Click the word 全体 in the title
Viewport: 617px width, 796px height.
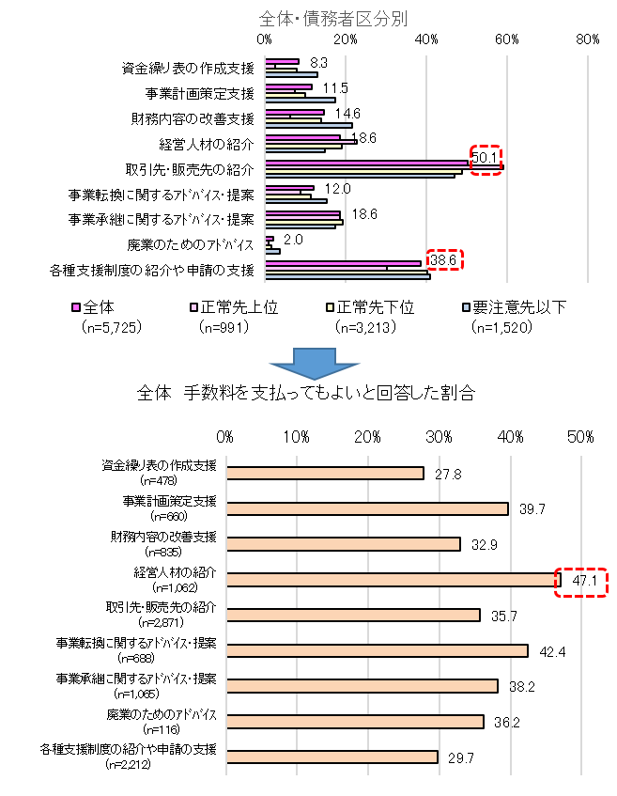276,19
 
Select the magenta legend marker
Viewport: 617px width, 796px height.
76,307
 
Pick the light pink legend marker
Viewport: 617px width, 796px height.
194,307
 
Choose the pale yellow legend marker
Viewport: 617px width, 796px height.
330,307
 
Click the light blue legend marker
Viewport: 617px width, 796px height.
466,307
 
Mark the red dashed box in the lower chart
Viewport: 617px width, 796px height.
580,583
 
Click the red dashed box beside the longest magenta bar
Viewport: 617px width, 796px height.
486,160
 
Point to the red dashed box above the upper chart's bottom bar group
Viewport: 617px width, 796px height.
444,259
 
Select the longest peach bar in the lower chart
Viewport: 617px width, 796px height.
392,580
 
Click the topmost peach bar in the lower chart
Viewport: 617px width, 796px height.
324,474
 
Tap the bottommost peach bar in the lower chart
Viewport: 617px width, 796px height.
332,757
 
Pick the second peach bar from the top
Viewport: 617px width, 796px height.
366,509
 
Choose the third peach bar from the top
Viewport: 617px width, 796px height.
343,544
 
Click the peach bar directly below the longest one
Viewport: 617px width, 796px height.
352,616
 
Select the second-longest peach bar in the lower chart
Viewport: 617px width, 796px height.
376,650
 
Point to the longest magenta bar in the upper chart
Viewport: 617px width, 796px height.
366,163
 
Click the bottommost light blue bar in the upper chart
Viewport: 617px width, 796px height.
347,276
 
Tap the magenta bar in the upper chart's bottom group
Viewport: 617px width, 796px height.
342,263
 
